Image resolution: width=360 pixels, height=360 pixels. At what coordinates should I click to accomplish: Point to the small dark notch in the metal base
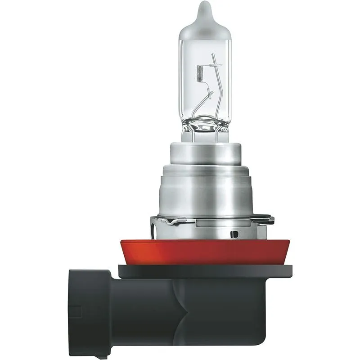pyautogui.click(x=233, y=234)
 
